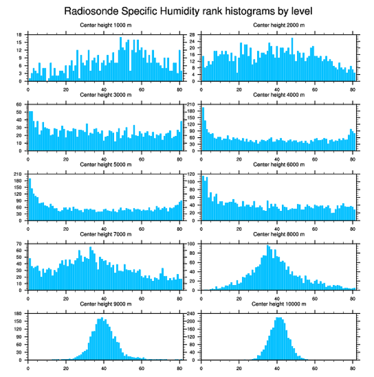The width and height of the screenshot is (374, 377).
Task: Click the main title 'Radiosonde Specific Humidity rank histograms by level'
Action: [187, 11]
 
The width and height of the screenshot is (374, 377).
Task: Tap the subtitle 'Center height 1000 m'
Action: [105, 25]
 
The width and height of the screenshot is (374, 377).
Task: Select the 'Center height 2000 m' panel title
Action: [279, 25]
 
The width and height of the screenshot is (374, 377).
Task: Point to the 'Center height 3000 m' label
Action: [105, 95]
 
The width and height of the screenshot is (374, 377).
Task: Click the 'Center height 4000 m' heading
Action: [279, 95]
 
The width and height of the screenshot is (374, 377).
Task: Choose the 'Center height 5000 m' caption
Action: [105, 165]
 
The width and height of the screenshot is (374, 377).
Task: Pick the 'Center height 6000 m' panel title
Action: [279, 165]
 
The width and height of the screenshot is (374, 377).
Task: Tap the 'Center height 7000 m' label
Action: [105, 234]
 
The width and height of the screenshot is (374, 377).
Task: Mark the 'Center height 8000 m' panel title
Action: [279, 234]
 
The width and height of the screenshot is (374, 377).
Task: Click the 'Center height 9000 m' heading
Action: [105, 304]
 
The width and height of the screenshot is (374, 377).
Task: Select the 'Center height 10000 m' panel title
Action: [279, 304]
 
